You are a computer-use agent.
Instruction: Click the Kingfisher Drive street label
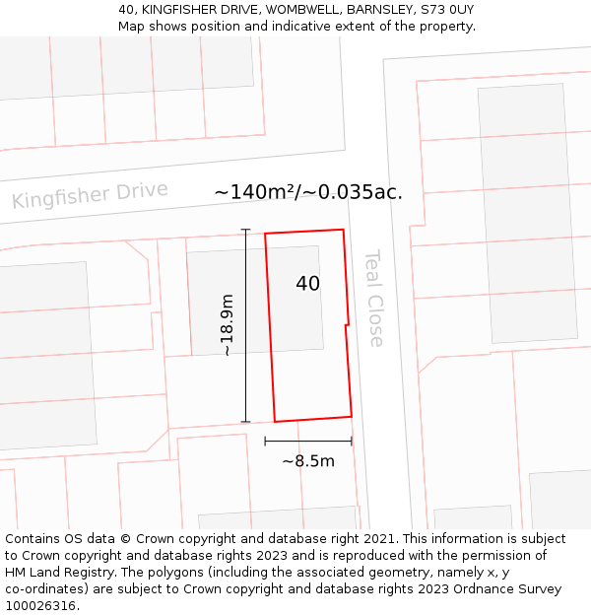click(x=90, y=195)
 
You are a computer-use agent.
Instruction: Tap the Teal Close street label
click(x=374, y=298)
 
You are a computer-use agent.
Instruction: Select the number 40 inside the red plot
click(x=307, y=284)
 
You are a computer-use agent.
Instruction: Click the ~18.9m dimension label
click(x=227, y=324)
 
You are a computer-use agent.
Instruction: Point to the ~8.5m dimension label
click(x=308, y=461)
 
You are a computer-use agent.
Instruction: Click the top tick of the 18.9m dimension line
click(x=245, y=230)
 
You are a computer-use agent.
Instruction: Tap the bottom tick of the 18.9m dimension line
click(x=245, y=422)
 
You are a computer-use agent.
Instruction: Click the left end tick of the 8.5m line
click(x=265, y=441)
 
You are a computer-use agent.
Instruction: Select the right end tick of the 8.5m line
click(x=352, y=441)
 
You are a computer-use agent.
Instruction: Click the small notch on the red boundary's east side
click(x=347, y=323)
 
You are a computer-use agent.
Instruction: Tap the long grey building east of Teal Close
click(x=527, y=212)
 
